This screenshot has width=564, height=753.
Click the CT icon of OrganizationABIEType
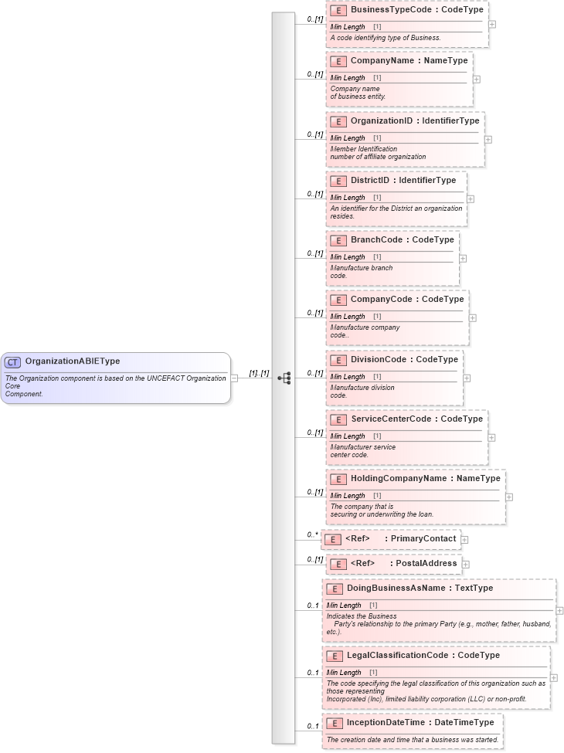tap(13, 361)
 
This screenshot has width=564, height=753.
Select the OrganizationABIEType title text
tap(73, 361)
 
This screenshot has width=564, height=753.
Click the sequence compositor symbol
tap(284, 378)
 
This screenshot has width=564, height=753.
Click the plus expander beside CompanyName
tap(477, 79)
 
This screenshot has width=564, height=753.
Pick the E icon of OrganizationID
tap(338, 121)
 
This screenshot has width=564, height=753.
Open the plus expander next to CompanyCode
tap(473, 317)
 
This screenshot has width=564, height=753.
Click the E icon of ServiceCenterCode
tap(338, 419)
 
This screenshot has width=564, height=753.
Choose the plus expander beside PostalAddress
tap(466, 565)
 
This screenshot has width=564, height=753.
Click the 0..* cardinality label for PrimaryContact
tap(312, 534)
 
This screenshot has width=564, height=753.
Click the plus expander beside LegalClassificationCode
tap(554, 677)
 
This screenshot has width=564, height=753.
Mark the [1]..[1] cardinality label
tap(259, 373)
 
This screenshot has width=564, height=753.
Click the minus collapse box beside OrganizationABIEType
tap(235, 378)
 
